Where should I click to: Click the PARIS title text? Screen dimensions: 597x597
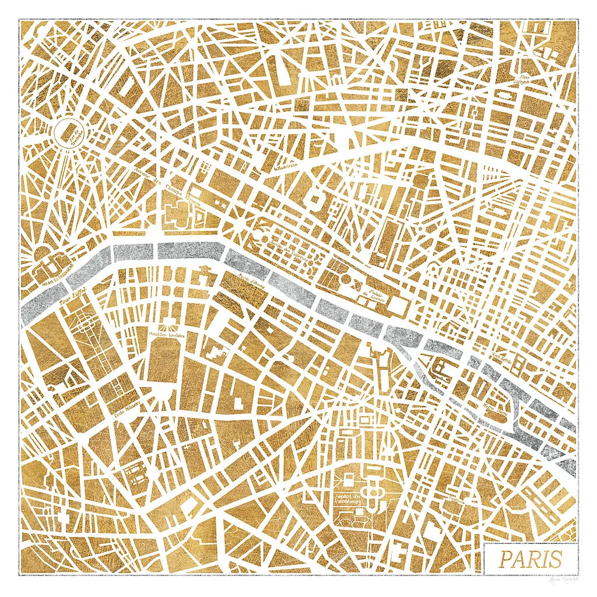point(530,559)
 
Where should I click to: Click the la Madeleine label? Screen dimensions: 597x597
point(286,166)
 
